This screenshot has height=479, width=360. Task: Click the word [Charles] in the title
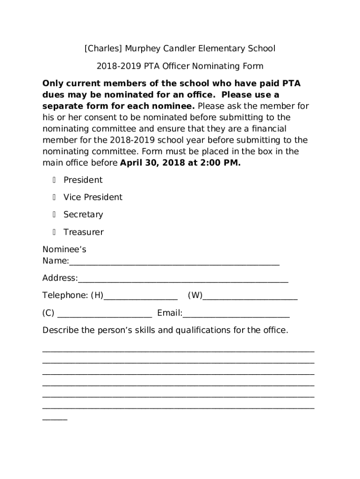(x=100, y=49)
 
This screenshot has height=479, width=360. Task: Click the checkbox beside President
(x=54, y=180)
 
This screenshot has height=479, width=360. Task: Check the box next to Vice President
(x=54, y=197)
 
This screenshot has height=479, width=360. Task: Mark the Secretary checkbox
(x=54, y=215)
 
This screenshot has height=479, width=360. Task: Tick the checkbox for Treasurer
(x=54, y=232)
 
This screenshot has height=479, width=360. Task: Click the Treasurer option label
(x=83, y=232)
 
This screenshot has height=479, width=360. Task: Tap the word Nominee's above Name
(x=64, y=249)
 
